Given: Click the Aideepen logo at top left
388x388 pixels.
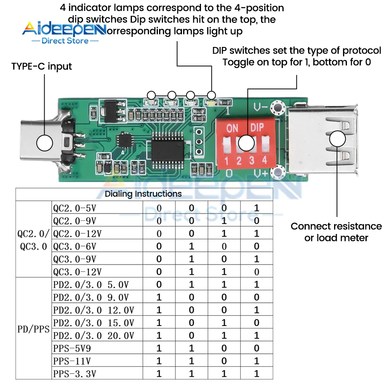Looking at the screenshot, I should coord(64,32).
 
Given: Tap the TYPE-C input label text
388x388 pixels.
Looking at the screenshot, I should coord(42,66).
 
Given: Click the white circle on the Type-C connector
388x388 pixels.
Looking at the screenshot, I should coord(45,143).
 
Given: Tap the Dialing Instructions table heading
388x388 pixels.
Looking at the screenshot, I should coord(143,194).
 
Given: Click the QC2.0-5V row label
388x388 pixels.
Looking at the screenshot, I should coord(74,208).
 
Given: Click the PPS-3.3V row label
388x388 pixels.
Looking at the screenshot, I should coord(74,374).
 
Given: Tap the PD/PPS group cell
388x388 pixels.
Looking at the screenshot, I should coord(33,329).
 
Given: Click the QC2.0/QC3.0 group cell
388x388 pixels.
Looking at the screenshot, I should coord(33,240).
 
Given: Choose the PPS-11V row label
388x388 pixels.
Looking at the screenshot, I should coord(72,361).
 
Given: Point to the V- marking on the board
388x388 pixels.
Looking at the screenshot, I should coord(260,106).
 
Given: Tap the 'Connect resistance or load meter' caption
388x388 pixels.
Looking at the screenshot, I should coord(336,232).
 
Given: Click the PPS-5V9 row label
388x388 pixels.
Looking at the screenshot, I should coord(72,348).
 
